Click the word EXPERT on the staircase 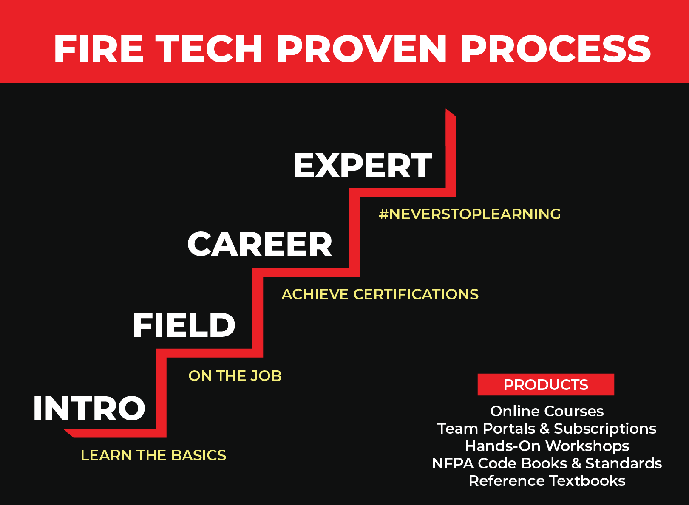(x=363, y=166)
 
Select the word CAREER (x=260, y=245)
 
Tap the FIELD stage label (x=184, y=325)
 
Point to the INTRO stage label (x=89, y=409)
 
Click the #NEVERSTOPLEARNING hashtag (x=470, y=214)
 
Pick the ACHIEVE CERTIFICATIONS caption (x=380, y=294)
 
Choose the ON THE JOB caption (x=235, y=376)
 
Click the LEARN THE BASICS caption (x=153, y=455)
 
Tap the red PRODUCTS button (x=546, y=385)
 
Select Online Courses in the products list (x=547, y=411)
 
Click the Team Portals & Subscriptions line (x=547, y=429)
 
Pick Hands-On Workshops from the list (x=547, y=446)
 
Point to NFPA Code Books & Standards (x=547, y=463)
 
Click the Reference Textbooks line (x=547, y=481)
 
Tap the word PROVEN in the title (x=361, y=49)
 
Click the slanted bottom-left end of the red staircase (x=70, y=433)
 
